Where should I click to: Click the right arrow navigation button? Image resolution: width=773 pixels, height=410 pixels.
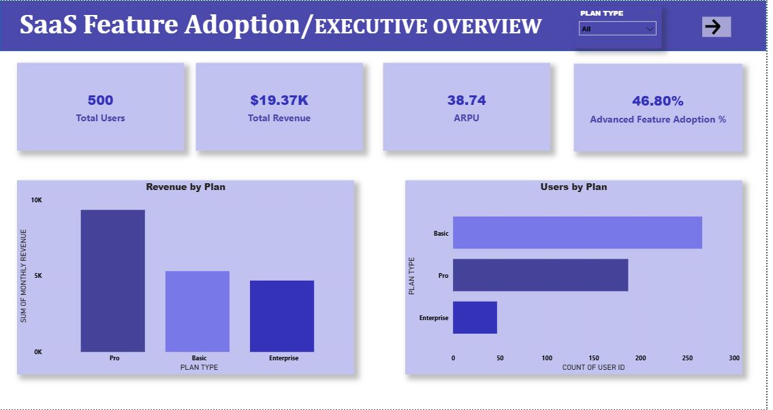pos(716,27)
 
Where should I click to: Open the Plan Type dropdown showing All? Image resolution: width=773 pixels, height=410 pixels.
pos(617,29)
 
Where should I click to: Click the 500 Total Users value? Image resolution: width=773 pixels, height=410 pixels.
pos(100,100)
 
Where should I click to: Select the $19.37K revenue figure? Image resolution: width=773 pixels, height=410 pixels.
pos(279,100)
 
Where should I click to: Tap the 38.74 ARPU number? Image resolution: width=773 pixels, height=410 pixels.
pos(467,100)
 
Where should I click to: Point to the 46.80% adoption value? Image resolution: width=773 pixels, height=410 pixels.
pos(657,101)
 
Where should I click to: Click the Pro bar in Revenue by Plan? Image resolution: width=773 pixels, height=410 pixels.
pos(113,281)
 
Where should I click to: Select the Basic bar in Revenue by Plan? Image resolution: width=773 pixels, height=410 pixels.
pos(198,311)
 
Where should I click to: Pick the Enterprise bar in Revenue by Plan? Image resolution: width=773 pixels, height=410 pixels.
pos(282,316)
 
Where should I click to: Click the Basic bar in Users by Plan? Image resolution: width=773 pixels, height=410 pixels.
pos(577,232)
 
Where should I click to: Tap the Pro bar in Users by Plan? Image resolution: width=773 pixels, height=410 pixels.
pos(540,275)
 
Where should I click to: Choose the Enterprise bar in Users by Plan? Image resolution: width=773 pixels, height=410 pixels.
pos(475,317)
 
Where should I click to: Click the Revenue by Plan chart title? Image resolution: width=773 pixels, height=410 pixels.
pos(185,187)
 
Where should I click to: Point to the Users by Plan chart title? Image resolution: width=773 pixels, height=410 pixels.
pos(573,187)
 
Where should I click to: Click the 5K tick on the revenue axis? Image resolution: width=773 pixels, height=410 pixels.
pos(38,276)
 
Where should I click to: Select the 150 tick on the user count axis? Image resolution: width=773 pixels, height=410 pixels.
pos(593,358)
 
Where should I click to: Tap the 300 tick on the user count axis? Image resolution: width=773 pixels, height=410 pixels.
pos(733,358)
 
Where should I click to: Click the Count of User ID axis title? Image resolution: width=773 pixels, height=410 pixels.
pos(593,368)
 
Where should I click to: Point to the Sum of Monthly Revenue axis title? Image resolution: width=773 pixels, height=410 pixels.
pos(23,276)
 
